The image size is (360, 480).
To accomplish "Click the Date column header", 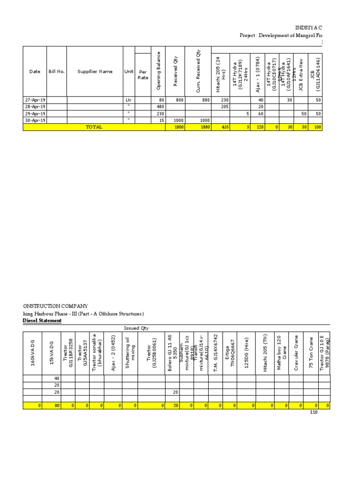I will (x=35, y=72).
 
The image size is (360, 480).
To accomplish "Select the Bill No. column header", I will (x=56, y=72).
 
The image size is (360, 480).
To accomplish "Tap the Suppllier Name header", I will (x=95, y=72).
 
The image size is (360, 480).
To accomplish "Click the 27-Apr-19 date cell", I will (x=35, y=100).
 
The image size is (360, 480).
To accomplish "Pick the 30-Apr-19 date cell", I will (x=35, y=120).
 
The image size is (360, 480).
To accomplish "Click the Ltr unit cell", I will (x=129, y=100).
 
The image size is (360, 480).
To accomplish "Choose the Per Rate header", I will (x=142, y=75).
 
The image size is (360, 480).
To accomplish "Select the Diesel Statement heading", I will (x=43, y=321).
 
